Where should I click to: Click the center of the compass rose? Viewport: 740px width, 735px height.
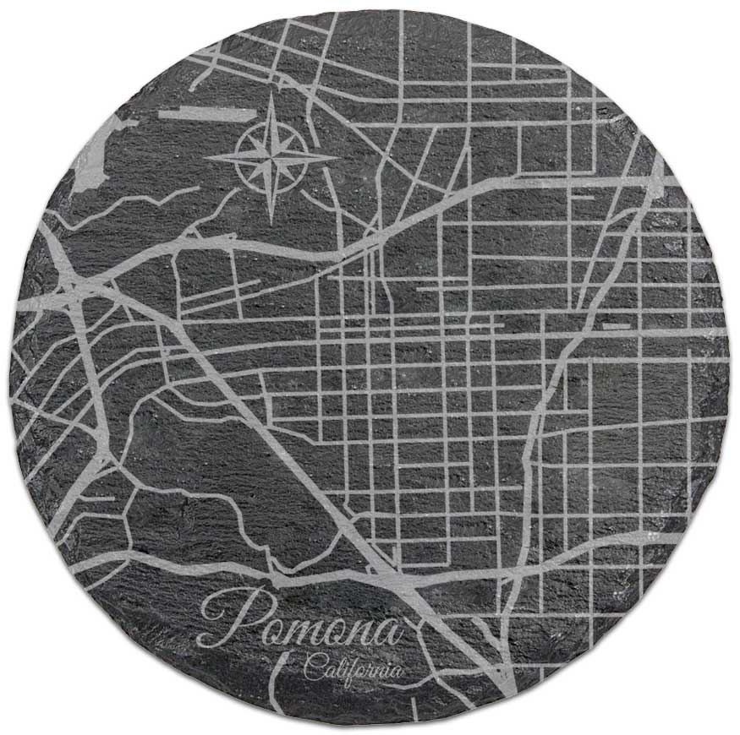271,156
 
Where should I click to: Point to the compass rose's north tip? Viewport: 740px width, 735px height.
271,95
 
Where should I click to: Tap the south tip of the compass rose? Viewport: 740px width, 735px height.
271,221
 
